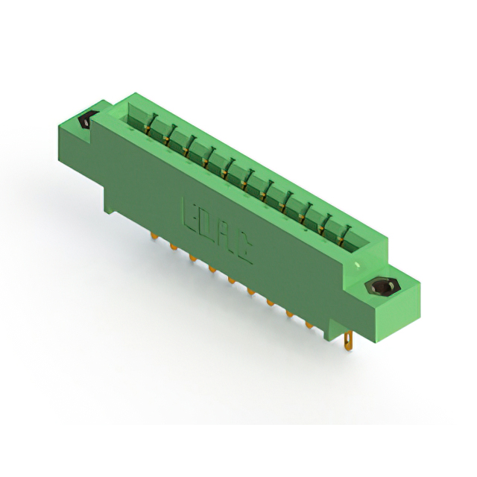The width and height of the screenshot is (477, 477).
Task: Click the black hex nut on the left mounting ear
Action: click(84, 120)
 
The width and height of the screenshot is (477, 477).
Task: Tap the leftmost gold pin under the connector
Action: click(154, 237)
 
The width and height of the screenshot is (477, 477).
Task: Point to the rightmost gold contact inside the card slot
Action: click(344, 241)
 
